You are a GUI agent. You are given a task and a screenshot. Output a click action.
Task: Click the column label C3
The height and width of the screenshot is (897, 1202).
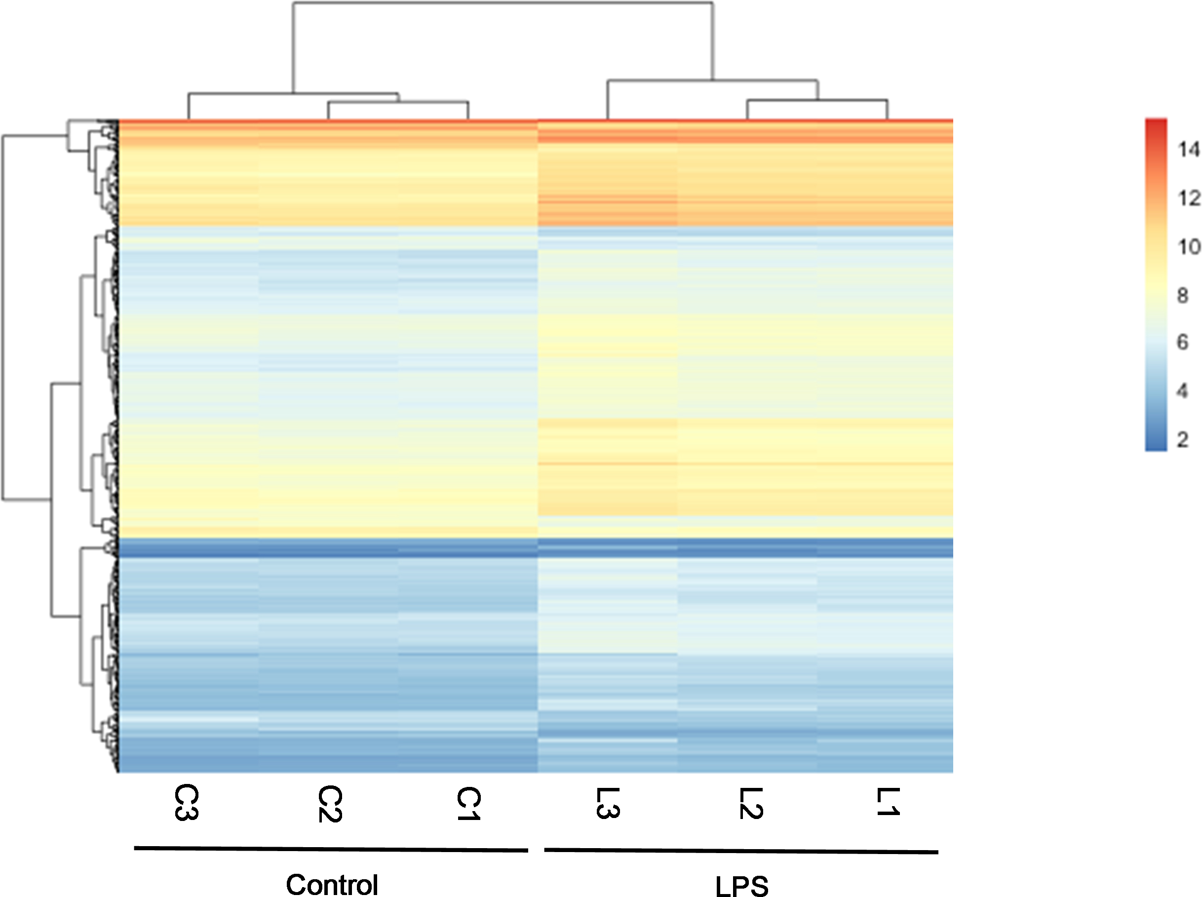186,803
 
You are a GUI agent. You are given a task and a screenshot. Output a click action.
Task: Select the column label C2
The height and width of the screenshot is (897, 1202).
330,804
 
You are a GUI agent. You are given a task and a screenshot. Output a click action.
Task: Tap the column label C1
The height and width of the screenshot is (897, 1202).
468,803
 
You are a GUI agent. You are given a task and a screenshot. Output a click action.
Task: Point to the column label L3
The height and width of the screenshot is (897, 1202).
608,803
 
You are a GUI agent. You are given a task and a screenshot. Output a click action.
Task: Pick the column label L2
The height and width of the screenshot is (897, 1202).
751,803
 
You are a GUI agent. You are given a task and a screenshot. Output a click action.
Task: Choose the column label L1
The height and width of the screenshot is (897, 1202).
888,802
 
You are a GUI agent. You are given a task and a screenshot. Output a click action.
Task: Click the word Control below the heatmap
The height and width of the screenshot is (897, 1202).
332,885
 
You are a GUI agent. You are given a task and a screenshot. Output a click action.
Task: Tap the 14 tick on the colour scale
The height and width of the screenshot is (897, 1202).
1188,149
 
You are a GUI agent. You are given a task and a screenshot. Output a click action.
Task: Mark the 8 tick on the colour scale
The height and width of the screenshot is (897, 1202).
1182,295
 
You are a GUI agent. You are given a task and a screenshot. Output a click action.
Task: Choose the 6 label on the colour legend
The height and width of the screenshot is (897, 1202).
1182,342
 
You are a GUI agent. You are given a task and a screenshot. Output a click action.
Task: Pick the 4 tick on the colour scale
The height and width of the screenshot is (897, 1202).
1182,390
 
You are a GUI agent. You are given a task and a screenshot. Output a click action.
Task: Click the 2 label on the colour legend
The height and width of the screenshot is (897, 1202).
1182,439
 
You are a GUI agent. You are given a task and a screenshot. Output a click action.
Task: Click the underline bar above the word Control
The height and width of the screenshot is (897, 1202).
331,849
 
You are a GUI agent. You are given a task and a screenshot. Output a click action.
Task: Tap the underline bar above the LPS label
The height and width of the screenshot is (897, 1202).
741,851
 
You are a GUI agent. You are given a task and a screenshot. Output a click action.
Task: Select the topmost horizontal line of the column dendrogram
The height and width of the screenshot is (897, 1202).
503,2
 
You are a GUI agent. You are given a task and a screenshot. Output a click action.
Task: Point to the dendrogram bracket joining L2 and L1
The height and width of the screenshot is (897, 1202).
817,100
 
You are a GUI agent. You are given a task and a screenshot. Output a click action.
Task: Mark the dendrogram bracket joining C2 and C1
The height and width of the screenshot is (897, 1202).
398,102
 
